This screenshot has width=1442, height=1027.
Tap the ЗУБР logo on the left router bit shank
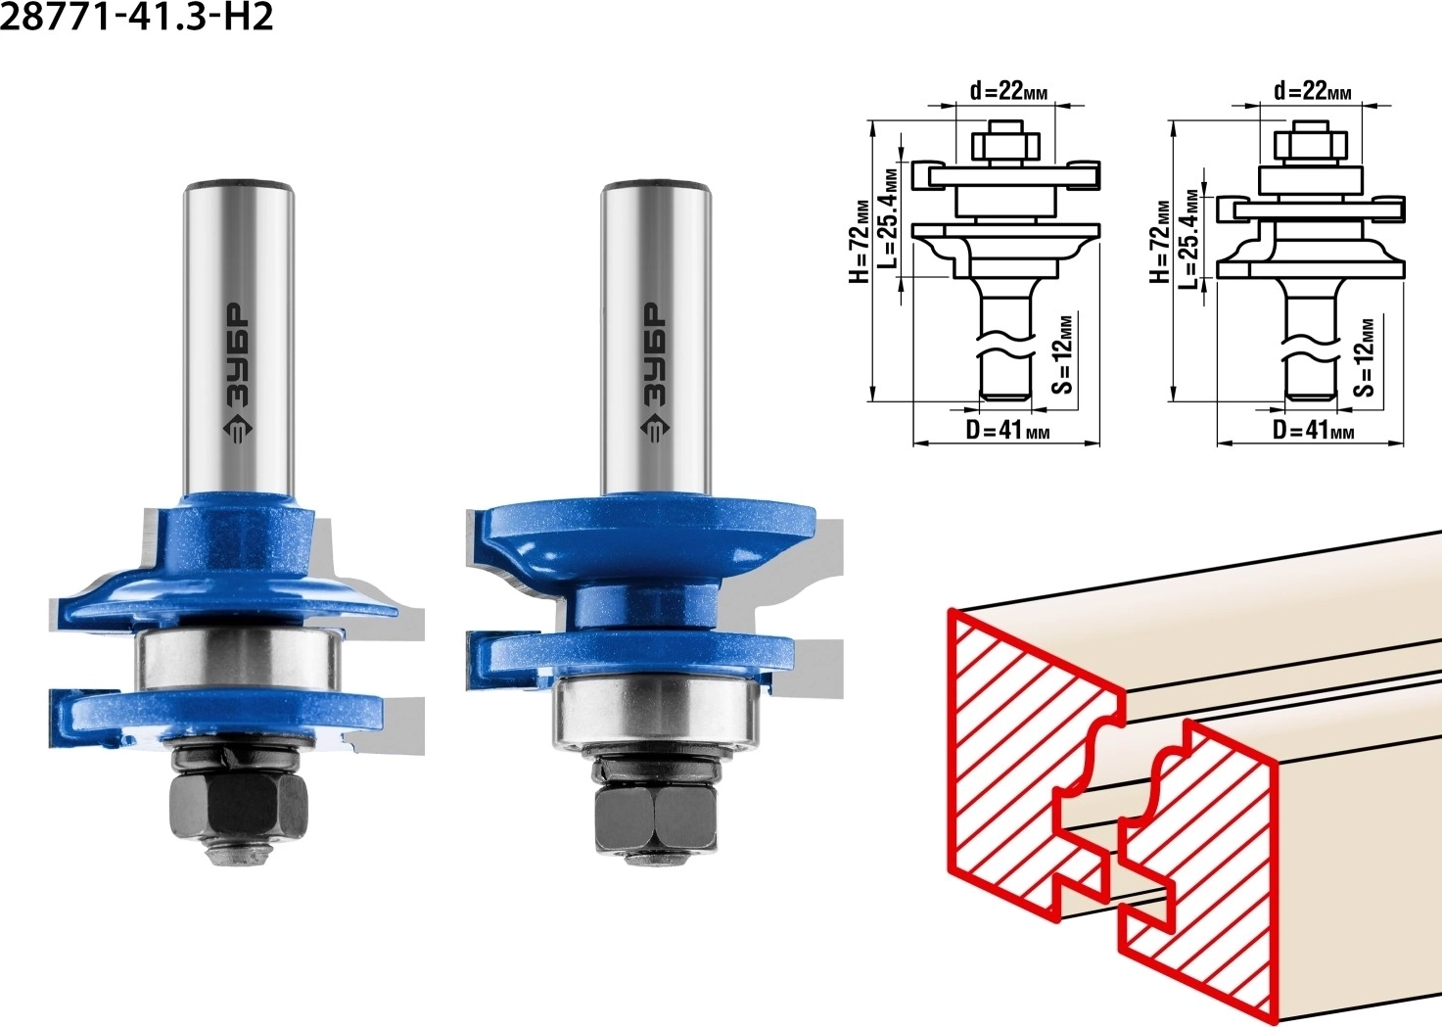pos(238,374)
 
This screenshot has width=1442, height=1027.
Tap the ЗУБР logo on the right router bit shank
pos(655,373)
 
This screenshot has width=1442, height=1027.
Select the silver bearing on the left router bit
pos(238,659)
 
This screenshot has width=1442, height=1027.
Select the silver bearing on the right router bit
pos(655,712)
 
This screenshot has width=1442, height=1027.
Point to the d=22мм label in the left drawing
pos(1008,92)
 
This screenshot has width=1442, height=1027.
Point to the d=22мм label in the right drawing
pos(1313,91)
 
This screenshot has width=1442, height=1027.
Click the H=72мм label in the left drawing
pos(861,242)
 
